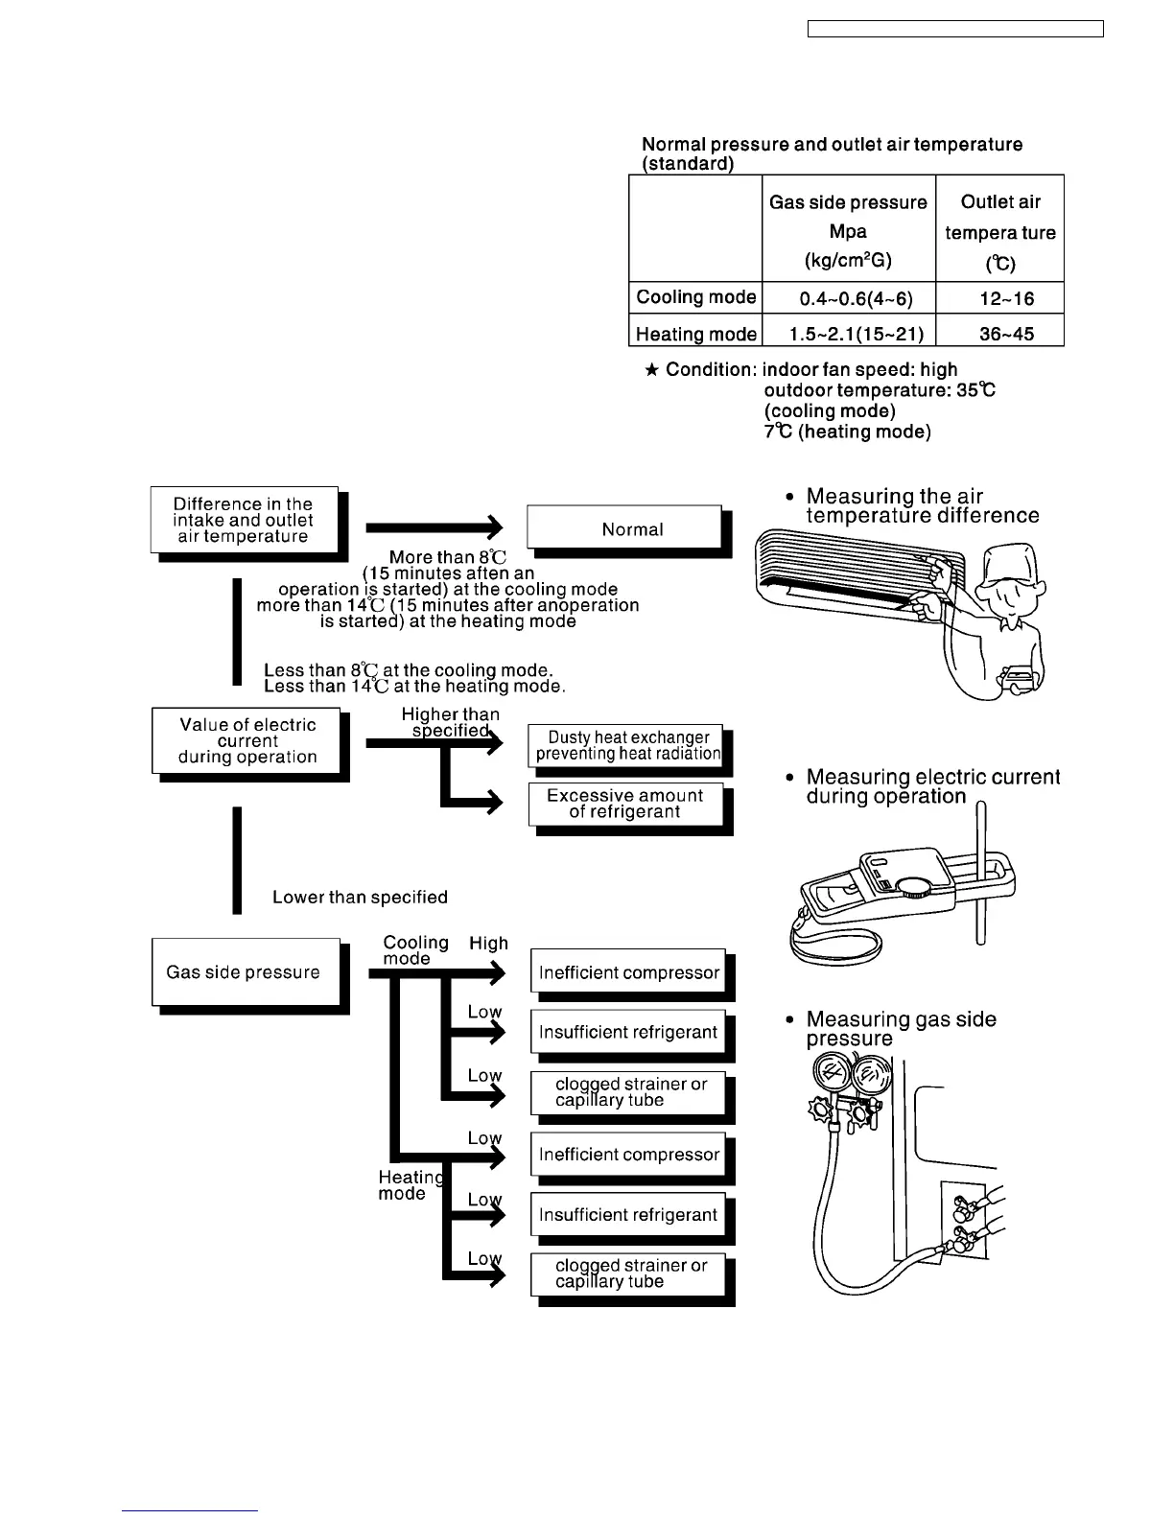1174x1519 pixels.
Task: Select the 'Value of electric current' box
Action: tap(247, 740)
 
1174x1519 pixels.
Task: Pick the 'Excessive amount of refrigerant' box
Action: tap(625, 804)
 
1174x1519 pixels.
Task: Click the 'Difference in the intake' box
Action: tap(244, 520)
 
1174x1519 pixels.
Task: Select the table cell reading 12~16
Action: tap(999, 298)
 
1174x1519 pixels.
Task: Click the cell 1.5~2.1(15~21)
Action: tap(848, 334)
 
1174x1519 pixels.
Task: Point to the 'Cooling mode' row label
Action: tap(695, 297)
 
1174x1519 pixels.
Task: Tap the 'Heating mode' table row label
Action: tap(695, 334)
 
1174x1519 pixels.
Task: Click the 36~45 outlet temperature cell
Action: tap(999, 334)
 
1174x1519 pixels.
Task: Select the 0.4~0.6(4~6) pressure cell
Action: tap(848, 298)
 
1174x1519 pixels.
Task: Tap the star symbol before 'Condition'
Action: tap(652, 370)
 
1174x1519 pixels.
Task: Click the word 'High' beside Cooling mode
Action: tap(488, 944)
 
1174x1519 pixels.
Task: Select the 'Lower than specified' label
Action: tap(360, 898)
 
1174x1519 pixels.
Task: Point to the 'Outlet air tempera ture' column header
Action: tap(999, 231)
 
